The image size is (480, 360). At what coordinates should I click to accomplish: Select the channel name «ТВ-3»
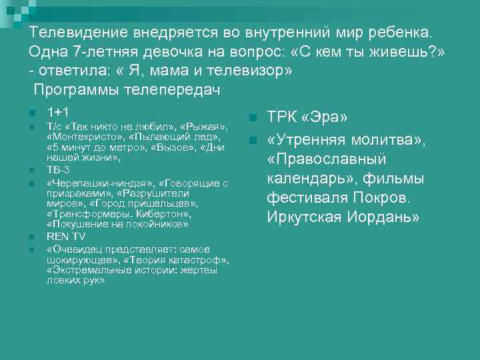[x=59, y=170]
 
